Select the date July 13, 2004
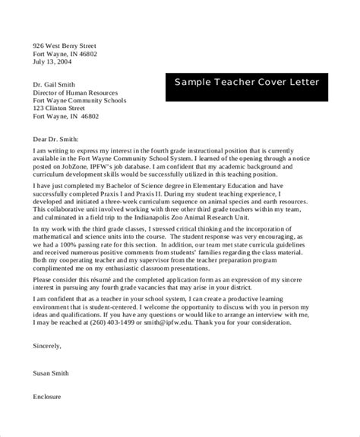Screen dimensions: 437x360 pyautogui.click(x=54, y=63)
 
